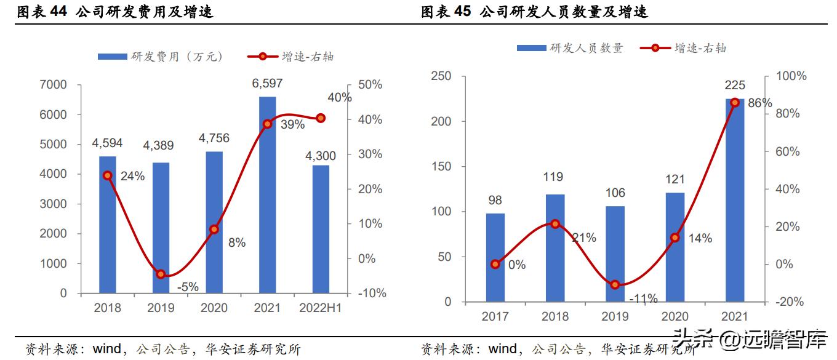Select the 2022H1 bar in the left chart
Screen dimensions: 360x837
coord(321,229)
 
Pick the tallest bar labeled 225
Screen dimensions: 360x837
coord(734,200)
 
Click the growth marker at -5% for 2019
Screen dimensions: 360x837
coord(161,274)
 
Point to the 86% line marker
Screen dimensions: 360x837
coord(734,102)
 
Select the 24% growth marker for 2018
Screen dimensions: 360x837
coord(107,175)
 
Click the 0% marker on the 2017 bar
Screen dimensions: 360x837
coord(495,264)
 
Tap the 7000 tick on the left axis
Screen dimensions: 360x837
coord(55,85)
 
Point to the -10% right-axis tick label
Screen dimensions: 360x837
coord(372,294)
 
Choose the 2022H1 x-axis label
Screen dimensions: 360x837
coord(319,308)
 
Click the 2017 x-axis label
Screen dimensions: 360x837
coord(495,316)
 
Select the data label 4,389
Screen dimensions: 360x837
coord(158,146)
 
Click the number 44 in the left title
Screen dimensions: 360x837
coord(57,12)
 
